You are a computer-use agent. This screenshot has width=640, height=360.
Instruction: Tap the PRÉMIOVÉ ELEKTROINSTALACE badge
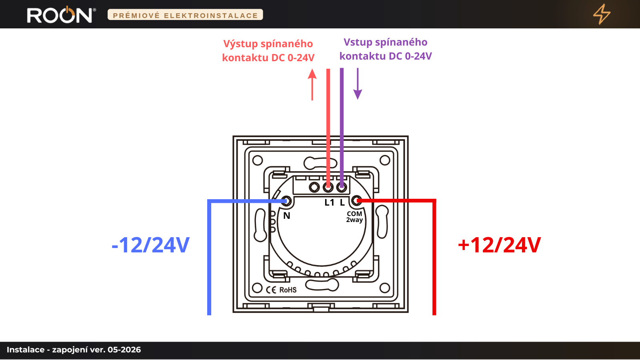(x=185, y=15)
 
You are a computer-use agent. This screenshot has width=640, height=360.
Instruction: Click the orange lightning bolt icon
(x=602, y=14)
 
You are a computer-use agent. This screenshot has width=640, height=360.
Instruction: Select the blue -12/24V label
(x=150, y=245)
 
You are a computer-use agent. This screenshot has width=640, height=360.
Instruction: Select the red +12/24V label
(x=499, y=245)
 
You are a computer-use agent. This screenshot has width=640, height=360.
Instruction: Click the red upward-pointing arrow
(x=312, y=84)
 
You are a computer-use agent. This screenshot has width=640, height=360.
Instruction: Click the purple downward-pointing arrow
(x=358, y=84)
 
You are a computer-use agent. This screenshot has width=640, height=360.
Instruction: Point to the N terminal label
(x=286, y=216)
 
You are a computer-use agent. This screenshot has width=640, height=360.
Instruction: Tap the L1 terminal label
(x=330, y=202)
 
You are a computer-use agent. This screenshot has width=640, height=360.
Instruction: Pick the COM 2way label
(x=354, y=217)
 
